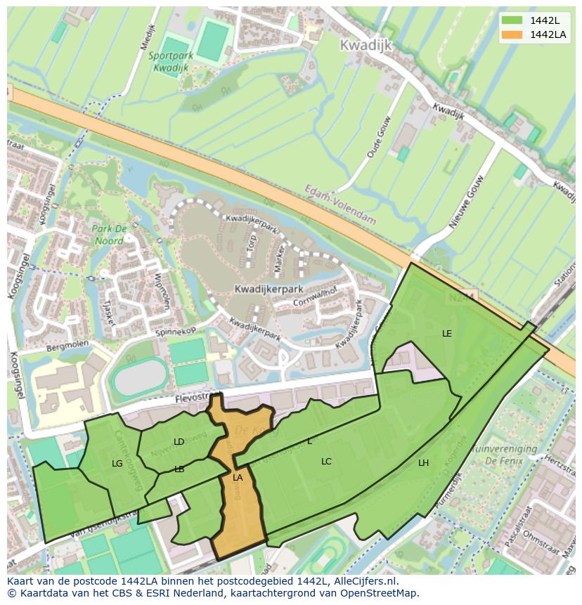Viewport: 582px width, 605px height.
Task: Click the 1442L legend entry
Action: (x=545, y=20)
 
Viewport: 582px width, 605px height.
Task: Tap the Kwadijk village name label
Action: (x=365, y=45)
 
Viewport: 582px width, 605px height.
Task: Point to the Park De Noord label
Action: (x=109, y=235)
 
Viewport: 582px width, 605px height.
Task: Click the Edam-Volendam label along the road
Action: (x=340, y=204)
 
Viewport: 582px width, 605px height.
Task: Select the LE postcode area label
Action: (x=447, y=333)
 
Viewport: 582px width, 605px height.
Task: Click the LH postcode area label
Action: (x=423, y=462)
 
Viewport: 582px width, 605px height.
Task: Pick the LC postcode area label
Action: (x=326, y=462)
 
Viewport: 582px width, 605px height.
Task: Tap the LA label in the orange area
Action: (x=238, y=478)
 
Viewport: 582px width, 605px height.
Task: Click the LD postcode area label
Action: (x=179, y=442)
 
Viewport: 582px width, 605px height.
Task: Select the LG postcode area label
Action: (x=117, y=463)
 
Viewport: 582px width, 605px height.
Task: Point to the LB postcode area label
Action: (x=179, y=469)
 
